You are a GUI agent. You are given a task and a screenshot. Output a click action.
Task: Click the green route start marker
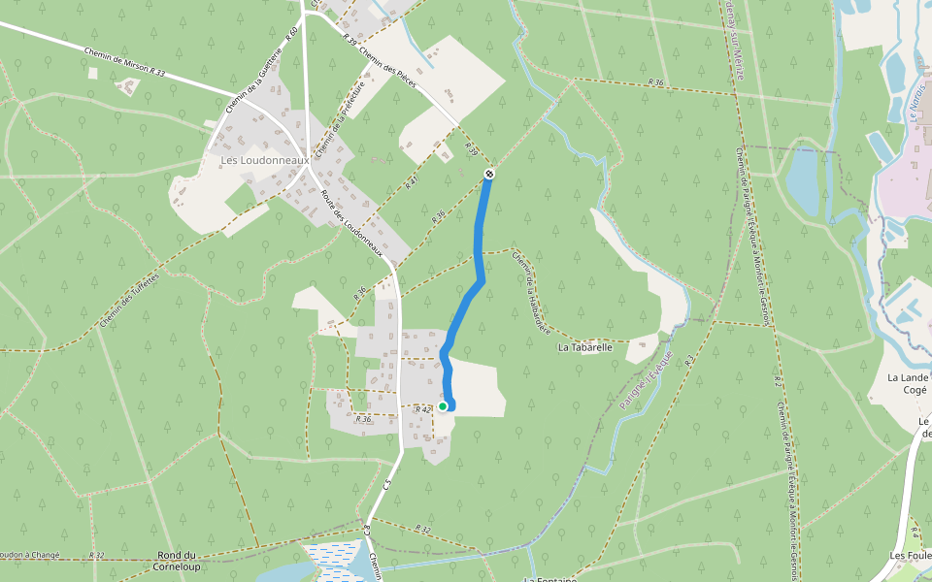443,406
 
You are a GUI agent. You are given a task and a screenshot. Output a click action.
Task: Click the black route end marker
489,174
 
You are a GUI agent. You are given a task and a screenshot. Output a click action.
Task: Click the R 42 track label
422,410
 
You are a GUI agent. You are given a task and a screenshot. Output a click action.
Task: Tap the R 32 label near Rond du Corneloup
96,555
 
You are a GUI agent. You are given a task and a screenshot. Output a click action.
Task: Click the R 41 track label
412,181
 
